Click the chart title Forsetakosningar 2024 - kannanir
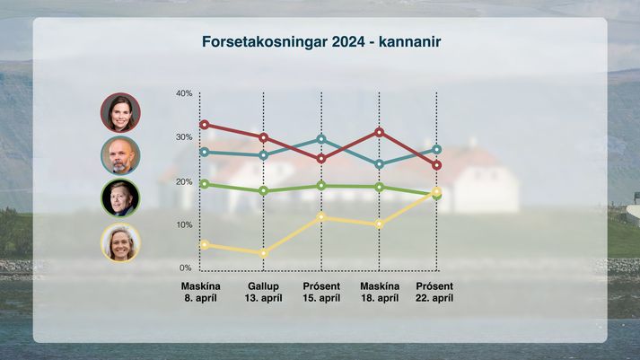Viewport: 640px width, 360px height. pyautogui.click(x=321, y=41)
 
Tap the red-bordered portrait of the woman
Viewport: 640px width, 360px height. pyautogui.click(x=120, y=112)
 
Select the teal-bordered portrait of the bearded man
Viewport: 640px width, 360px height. pyautogui.click(x=120, y=155)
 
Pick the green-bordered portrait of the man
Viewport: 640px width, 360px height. pyautogui.click(x=120, y=198)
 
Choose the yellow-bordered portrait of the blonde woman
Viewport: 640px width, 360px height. pyautogui.click(x=120, y=242)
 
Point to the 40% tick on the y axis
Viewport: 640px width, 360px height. pyautogui.click(x=184, y=93)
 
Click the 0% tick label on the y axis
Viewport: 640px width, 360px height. pyautogui.click(x=185, y=268)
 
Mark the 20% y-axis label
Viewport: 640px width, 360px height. pyautogui.click(x=184, y=181)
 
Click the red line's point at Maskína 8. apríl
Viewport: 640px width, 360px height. pyautogui.click(x=205, y=125)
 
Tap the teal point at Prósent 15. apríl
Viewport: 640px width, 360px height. pyautogui.click(x=321, y=139)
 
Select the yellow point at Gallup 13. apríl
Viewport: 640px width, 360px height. pyautogui.click(x=264, y=253)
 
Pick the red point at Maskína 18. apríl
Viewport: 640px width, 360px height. pyautogui.click(x=379, y=132)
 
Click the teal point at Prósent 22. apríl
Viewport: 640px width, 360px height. pyautogui.click(x=437, y=150)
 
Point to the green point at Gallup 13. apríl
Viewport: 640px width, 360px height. pyautogui.click(x=264, y=190)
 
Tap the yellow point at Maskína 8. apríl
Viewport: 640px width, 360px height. pyautogui.click(x=205, y=245)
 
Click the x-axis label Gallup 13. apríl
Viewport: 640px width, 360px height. pyautogui.click(x=263, y=293)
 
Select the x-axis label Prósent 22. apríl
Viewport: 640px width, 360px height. pyautogui.click(x=434, y=293)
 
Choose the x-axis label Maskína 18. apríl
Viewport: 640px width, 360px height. pyautogui.click(x=380, y=293)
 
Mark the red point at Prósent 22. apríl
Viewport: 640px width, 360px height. pyautogui.click(x=437, y=165)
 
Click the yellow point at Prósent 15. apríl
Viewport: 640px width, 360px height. pyautogui.click(x=321, y=216)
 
